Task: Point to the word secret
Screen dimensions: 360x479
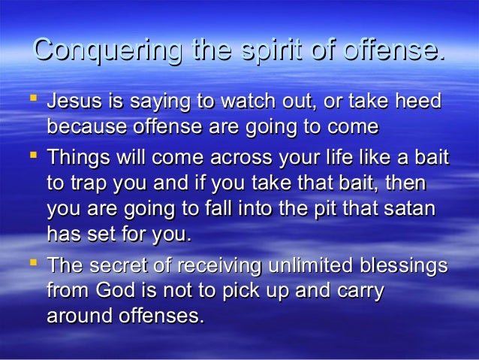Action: [x=124, y=267]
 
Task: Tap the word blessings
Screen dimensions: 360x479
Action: [x=404, y=267]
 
